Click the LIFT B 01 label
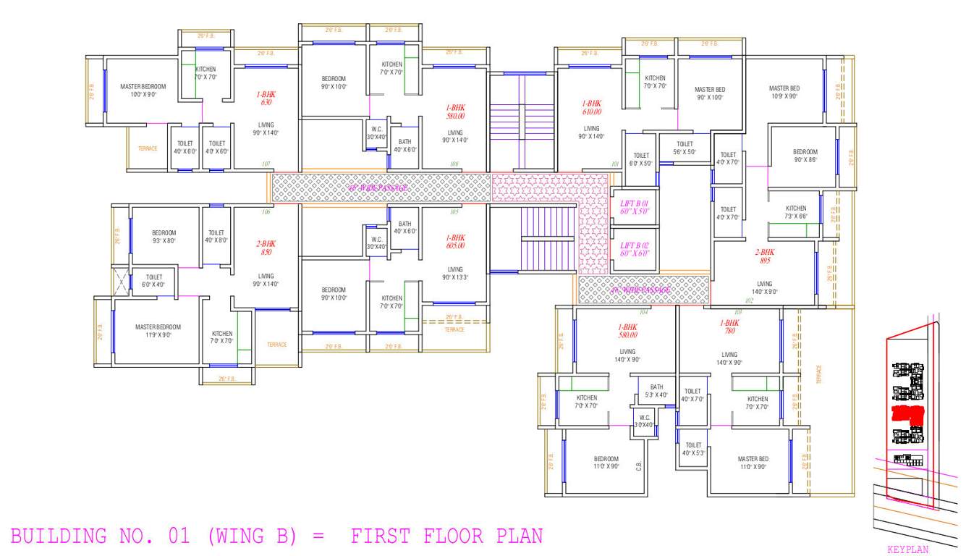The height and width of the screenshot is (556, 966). (x=635, y=207)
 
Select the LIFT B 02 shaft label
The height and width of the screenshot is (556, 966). (x=635, y=249)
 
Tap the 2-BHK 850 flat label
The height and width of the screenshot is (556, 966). (x=266, y=248)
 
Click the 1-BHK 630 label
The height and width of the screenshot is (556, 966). (x=266, y=98)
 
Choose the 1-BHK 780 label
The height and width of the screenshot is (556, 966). (x=729, y=327)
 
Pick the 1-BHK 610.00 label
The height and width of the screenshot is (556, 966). (x=592, y=108)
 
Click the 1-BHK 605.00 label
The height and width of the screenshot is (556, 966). (x=455, y=242)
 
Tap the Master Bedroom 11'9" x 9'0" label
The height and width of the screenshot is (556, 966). (x=158, y=331)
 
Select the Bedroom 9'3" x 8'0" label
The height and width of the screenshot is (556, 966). (x=164, y=237)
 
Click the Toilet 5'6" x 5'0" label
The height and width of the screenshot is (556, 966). (x=685, y=148)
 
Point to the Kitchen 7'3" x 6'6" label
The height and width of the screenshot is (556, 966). (x=795, y=212)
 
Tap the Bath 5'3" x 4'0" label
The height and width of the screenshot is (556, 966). (x=656, y=391)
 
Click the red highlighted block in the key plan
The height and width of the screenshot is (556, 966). (x=907, y=416)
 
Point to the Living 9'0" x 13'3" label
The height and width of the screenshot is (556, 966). (x=454, y=273)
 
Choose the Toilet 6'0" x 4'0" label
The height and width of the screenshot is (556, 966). (x=154, y=281)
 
